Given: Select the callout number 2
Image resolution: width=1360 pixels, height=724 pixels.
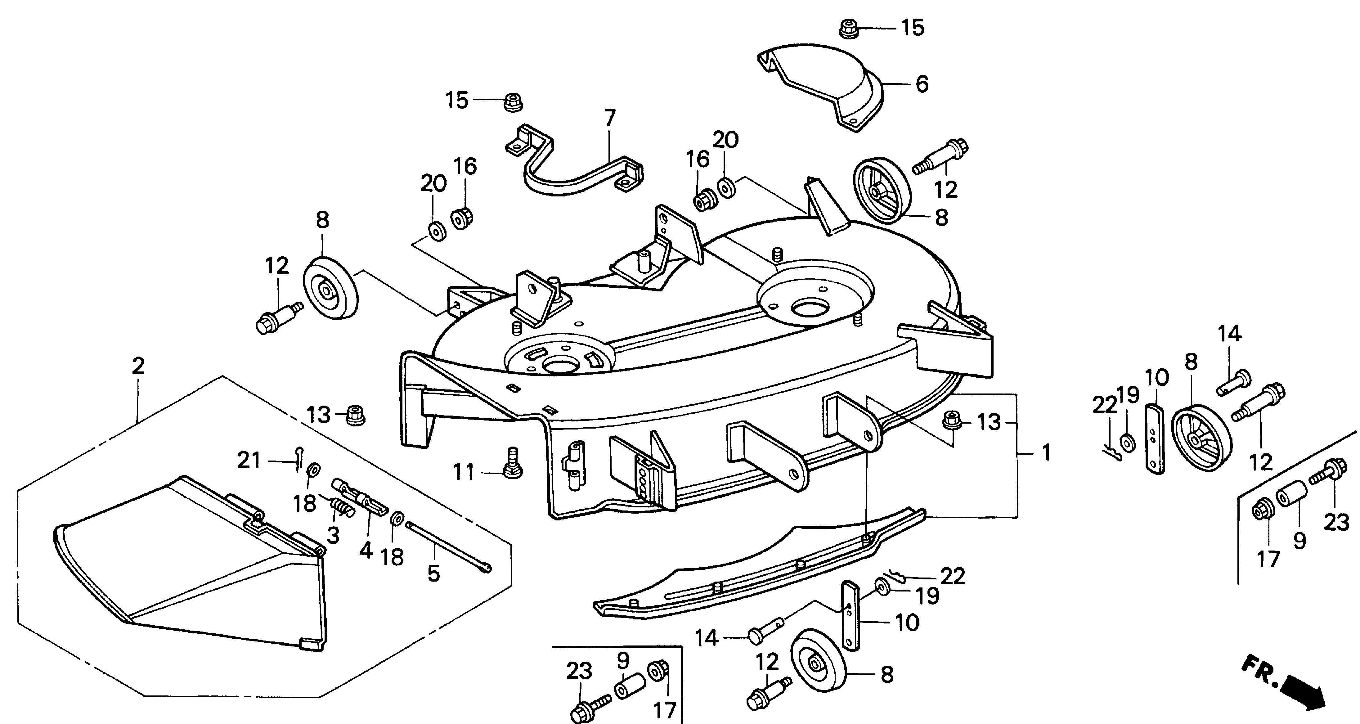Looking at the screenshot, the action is pyautogui.click(x=138, y=366).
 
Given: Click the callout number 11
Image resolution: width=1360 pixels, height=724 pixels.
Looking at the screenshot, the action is pyautogui.click(x=464, y=472).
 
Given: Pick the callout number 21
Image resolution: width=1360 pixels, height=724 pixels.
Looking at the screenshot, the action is pyautogui.click(x=249, y=461).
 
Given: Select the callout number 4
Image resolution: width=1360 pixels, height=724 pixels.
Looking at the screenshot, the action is pyautogui.click(x=366, y=550).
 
